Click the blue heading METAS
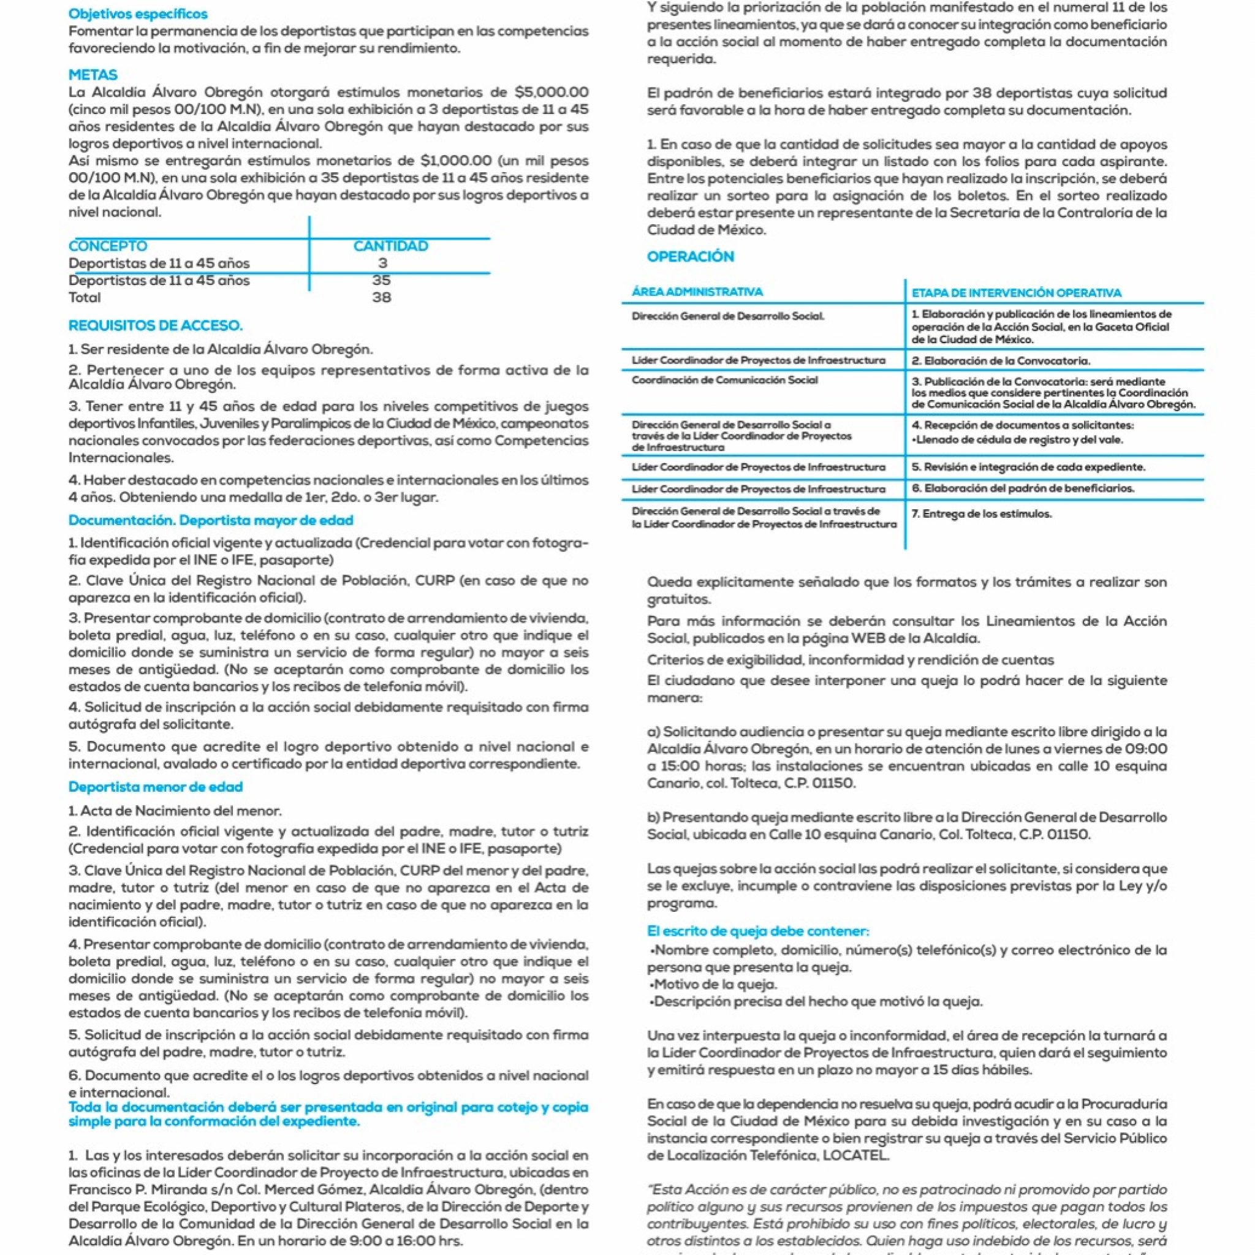pyautogui.click(x=93, y=75)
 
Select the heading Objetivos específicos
pyautogui.click(x=138, y=13)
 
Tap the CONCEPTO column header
pyautogui.click(x=108, y=246)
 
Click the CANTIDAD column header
pyautogui.click(x=390, y=246)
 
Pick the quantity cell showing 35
pyautogui.click(x=381, y=280)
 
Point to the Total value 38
pyautogui.click(x=381, y=297)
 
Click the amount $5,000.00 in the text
pyautogui.click(x=551, y=93)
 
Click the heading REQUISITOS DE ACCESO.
pyautogui.click(x=155, y=325)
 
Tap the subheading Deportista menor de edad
pyautogui.click(x=155, y=787)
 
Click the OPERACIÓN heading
pyautogui.click(x=691, y=257)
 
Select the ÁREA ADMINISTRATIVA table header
pyautogui.click(x=697, y=292)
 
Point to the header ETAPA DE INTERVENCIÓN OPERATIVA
pyautogui.click(x=1016, y=293)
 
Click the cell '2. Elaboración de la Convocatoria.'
pyautogui.click(x=1000, y=360)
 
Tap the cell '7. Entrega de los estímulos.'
pyautogui.click(x=981, y=514)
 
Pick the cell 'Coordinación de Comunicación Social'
pyautogui.click(x=724, y=380)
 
